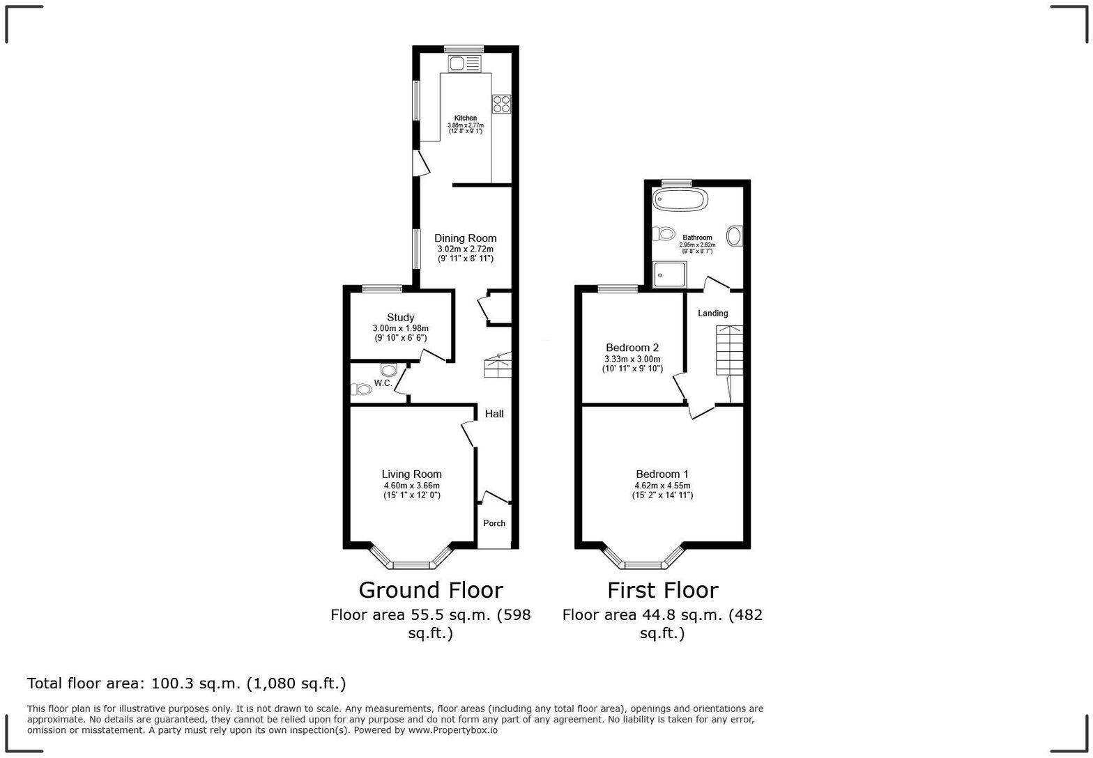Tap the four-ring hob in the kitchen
(x=501, y=103)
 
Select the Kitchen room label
(x=466, y=118)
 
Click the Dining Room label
(x=465, y=238)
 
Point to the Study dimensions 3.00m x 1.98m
(x=400, y=328)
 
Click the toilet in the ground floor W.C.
(x=360, y=389)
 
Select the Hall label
(x=494, y=414)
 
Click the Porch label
(x=494, y=523)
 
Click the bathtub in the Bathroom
(x=680, y=199)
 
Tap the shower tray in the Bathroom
(x=669, y=274)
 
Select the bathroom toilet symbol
(x=664, y=233)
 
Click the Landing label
(x=712, y=314)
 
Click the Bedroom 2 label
(x=632, y=348)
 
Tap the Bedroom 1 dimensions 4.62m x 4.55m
(x=662, y=486)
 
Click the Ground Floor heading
(x=430, y=590)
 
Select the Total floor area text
(x=186, y=683)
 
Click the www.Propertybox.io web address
(x=452, y=730)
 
